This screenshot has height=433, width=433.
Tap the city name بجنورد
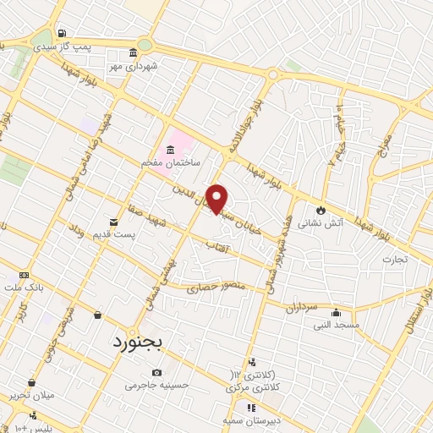(140, 343)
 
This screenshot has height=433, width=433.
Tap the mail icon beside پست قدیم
(113, 222)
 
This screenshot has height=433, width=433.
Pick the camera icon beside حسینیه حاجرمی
(156, 373)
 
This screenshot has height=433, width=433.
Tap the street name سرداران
(300, 309)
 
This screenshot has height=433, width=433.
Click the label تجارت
(394, 259)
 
